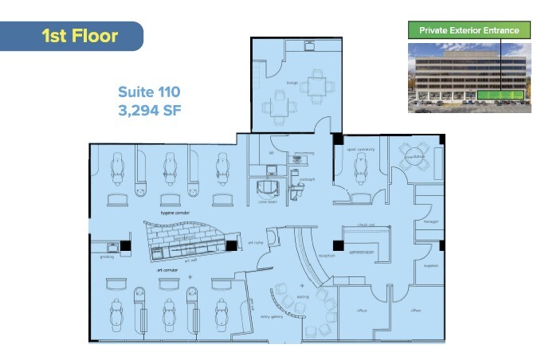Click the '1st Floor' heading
(x=79, y=36)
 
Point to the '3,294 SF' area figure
(x=150, y=110)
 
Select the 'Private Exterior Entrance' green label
(x=469, y=31)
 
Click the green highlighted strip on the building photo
(x=501, y=97)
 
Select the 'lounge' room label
(x=292, y=82)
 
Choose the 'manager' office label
(x=431, y=222)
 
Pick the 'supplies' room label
(x=430, y=266)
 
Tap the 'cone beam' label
(x=267, y=202)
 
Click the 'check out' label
(x=367, y=225)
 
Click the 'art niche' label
(x=255, y=242)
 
